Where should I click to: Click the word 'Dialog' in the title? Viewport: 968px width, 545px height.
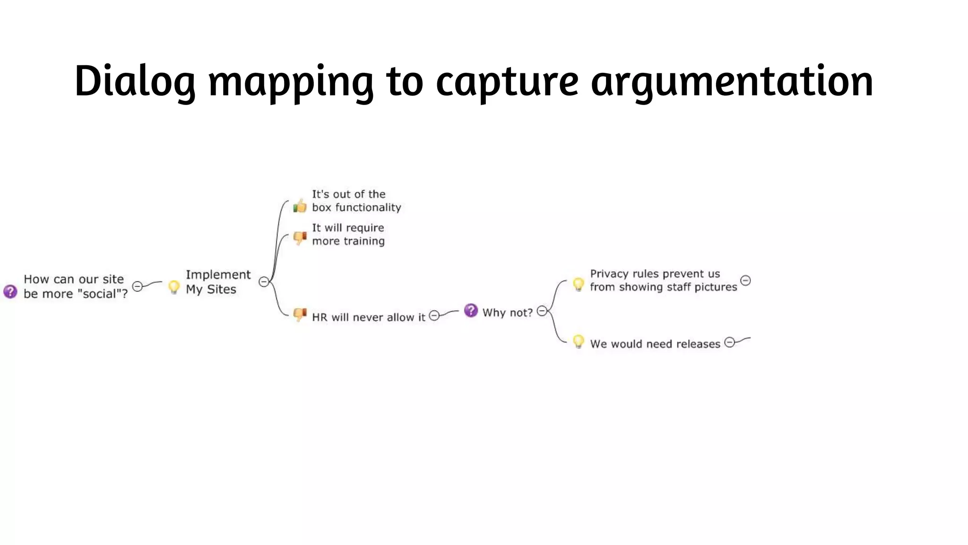(135, 81)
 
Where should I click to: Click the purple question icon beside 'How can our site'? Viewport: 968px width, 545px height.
(10, 291)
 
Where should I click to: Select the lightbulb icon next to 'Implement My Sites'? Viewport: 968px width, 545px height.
(174, 287)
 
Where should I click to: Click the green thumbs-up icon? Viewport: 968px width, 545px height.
(300, 206)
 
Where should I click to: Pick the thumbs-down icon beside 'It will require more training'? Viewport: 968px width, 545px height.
(300, 237)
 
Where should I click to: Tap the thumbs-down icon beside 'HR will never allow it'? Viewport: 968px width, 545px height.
(300, 314)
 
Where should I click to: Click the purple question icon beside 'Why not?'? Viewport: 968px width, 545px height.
(471, 310)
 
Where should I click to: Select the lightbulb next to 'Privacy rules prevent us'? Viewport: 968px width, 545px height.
(578, 284)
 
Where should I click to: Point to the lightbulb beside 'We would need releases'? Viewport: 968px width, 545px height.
(578, 342)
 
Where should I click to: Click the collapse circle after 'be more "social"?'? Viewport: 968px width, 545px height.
(138, 286)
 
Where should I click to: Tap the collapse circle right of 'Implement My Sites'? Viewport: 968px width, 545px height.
(264, 282)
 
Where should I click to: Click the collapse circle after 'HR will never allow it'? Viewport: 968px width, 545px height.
(434, 316)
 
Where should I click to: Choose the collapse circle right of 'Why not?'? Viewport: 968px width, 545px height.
(542, 311)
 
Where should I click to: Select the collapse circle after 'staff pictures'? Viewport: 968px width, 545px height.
(745, 281)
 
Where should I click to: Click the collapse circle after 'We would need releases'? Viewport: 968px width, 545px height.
(730, 342)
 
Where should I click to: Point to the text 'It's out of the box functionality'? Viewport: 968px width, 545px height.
(356, 201)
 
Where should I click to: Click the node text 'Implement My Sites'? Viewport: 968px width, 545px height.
(217, 282)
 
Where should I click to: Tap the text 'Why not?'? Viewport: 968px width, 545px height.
(507, 313)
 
